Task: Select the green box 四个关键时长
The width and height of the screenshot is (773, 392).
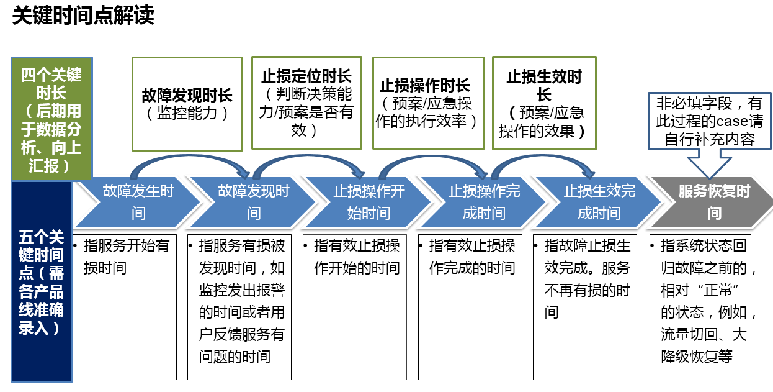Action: pos(51,119)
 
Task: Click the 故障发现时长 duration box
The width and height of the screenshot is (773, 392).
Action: pos(187,104)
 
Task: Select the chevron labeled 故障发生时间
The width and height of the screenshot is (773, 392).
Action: pos(138,202)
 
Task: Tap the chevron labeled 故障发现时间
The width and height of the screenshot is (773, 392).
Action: pos(253,202)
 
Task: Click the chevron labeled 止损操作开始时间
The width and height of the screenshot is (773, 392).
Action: pos(369,202)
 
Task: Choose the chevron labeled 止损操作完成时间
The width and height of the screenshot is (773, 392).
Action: pos(484,202)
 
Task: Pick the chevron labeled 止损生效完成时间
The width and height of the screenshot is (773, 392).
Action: pos(599,202)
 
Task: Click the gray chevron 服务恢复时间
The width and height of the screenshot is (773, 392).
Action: pos(713,202)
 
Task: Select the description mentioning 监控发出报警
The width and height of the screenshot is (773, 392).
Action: pos(239,306)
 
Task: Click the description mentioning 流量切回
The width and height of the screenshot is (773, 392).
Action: pos(700,306)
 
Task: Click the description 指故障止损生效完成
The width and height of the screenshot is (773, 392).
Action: pos(585,306)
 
